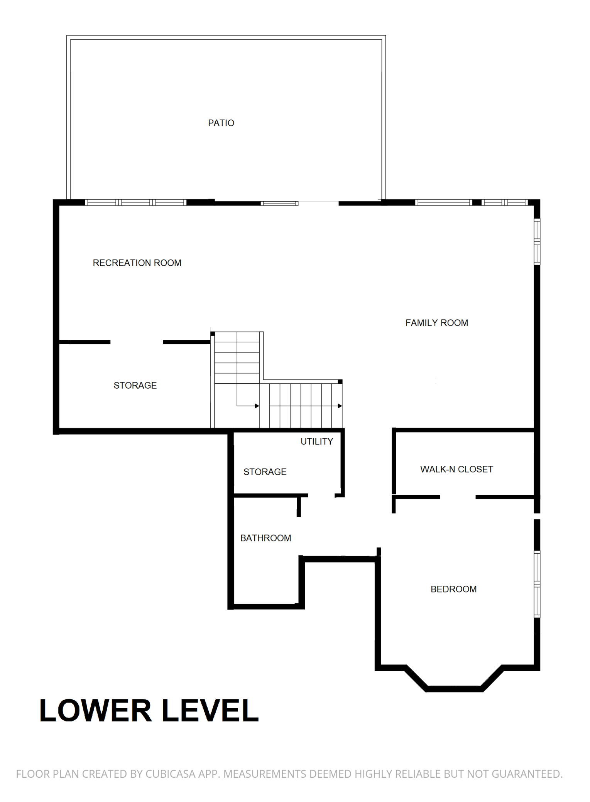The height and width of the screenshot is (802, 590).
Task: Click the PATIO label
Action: click(x=221, y=123)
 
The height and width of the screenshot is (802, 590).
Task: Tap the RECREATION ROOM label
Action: click(x=137, y=263)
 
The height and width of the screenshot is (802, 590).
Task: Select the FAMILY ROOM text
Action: click(x=436, y=323)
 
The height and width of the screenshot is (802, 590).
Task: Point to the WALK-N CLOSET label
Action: click(x=456, y=469)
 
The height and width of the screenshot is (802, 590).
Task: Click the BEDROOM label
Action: click(x=453, y=589)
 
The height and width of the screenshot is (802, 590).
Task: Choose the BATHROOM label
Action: click(x=265, y=538)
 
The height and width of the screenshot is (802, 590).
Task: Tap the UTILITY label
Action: click(x=316, y=441)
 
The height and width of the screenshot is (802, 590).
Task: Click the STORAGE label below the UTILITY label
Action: click(x=265, y=472)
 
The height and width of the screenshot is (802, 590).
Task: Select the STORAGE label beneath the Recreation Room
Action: click(x=135, y=386)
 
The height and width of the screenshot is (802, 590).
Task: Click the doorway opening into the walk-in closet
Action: click(x=458, y=497)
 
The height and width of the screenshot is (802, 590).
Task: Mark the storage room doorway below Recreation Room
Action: click(x=137, y=342)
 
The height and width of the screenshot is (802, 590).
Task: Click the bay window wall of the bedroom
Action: click(x=454, y=689)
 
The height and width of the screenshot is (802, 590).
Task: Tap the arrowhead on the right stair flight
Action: click(x=340, y=406)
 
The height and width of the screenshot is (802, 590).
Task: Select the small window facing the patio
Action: click(x=280, y=203)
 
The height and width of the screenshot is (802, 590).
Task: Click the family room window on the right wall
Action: click(x=537, y=242)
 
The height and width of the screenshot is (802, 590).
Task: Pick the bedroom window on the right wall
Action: click(x=537, y=584)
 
